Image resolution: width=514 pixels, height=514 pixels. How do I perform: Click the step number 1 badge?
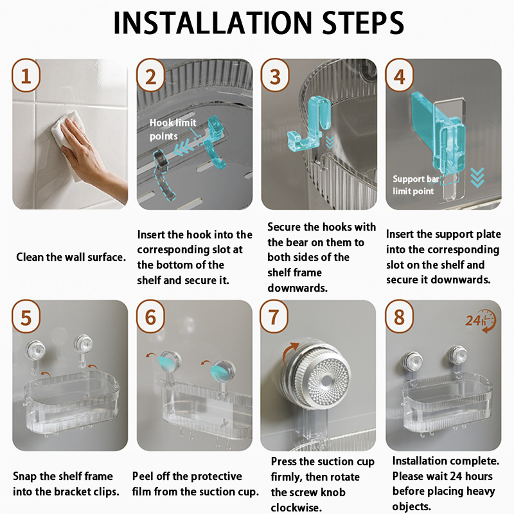coord(26,76)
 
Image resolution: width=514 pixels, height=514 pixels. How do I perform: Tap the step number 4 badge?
coord(399,76)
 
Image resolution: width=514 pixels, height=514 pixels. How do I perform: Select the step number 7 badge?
coord(274,317)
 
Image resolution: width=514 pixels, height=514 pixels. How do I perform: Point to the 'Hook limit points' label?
coord(173,129)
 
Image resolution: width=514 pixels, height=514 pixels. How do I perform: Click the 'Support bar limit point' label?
coord(416,185)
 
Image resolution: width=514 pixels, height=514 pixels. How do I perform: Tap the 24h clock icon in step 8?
coord(481,321)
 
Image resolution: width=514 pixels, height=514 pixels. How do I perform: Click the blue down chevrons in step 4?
coord(477,177)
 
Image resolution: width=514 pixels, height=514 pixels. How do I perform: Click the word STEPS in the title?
coord(363,22)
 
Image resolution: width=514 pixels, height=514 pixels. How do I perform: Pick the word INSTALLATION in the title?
coord(212,22)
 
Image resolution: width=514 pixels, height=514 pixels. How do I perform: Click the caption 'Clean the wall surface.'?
coord(71,257)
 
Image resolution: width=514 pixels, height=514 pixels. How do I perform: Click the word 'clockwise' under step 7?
coord(295,507)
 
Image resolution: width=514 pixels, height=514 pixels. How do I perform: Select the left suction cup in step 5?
coord(35,351)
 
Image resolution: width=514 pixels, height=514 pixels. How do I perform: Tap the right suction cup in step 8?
coord(457,356)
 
